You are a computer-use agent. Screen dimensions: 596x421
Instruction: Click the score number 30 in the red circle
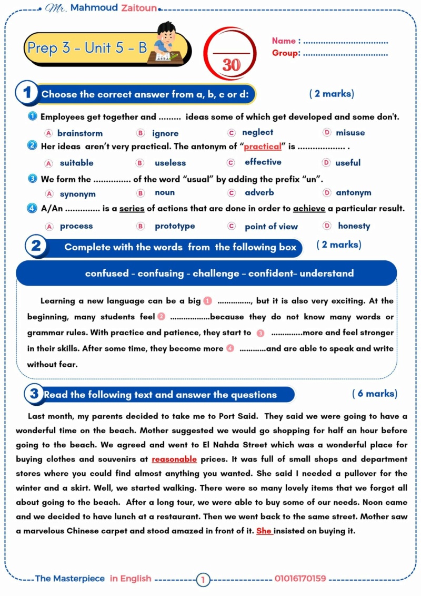coord(231,64)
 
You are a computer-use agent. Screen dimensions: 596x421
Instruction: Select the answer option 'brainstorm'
coord(80,133)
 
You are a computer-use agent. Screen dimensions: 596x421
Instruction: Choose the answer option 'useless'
coord(170,163)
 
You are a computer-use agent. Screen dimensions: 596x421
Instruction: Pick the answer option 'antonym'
coord(354,193)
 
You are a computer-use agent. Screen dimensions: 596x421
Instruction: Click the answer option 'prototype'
coord(175,226)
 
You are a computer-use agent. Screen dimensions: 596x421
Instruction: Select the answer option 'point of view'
coord(271,227)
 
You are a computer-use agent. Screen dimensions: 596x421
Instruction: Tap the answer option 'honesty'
coord(354,226)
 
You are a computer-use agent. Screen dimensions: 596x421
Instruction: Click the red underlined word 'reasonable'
coord(174,459)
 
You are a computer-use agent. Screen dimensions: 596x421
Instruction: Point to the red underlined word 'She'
coord(264,531)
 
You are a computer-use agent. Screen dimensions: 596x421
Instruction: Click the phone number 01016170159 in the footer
coord(300,579)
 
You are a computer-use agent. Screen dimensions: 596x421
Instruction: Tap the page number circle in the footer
coord(203,580)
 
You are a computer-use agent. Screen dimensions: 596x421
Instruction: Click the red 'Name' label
coord(284,41)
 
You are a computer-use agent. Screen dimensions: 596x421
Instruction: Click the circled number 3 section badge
coord(34,394)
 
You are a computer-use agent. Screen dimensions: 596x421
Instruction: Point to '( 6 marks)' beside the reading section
coord(374,394)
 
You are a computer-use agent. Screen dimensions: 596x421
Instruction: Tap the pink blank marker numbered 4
coord(230,348)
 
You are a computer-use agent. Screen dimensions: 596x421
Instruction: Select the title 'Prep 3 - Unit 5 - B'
coord(87,48)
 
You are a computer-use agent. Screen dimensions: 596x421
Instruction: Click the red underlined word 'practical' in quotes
coord(263,146)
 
